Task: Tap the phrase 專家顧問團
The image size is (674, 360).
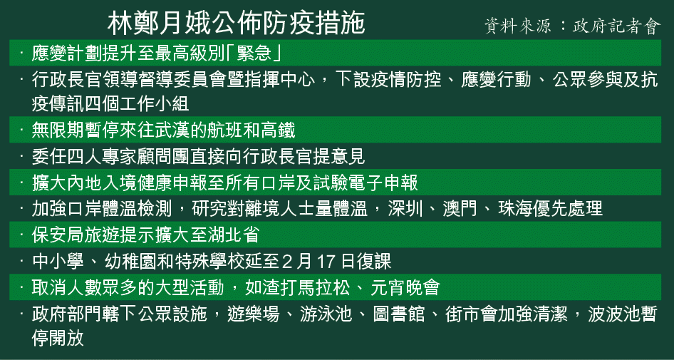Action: click(x=146, y=157)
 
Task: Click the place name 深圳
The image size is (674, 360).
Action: click(x=405, y=209)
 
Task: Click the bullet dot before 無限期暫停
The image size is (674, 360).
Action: click(x=21, y=129)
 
